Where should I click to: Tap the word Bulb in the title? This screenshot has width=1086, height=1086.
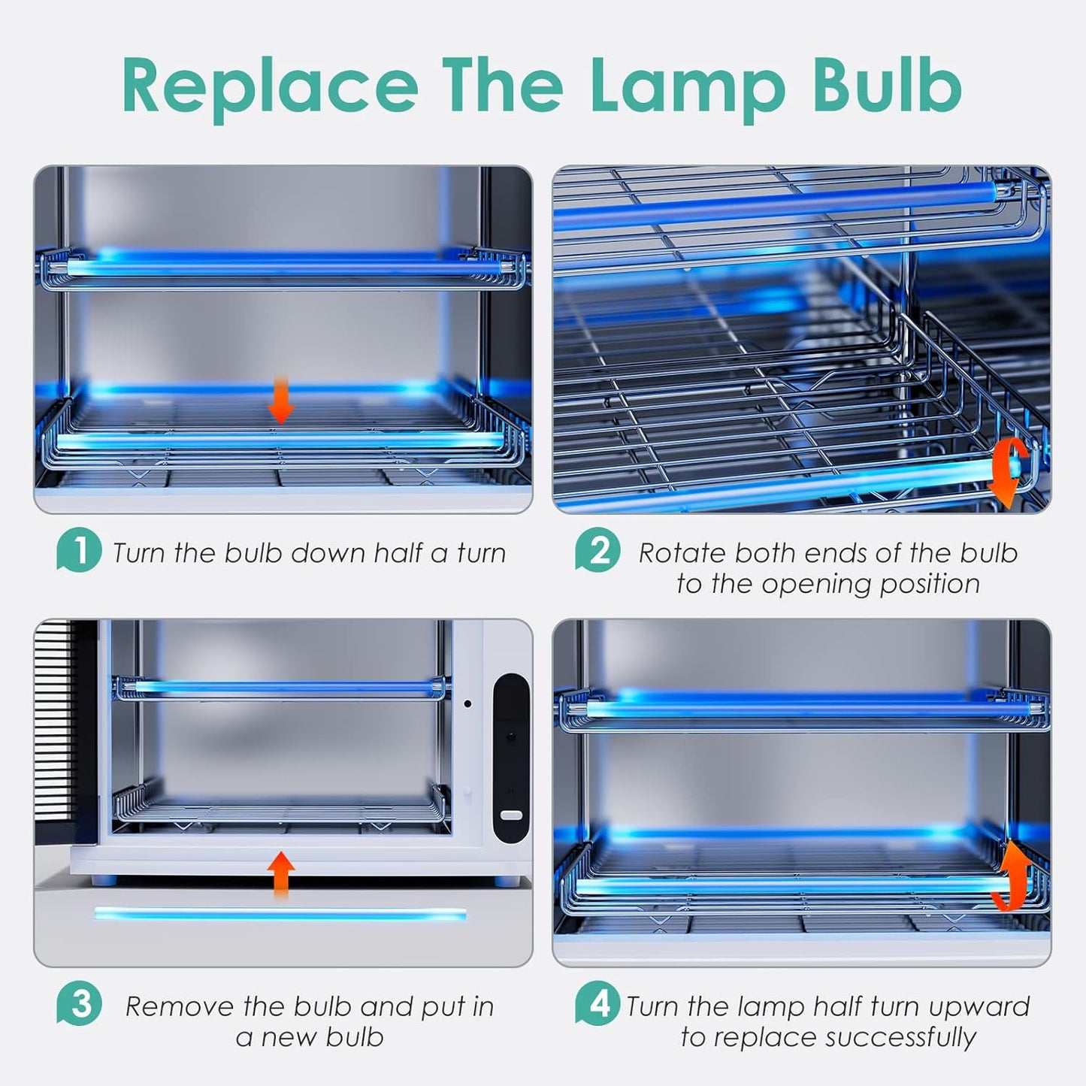887,83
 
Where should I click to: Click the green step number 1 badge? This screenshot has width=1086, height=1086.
79,549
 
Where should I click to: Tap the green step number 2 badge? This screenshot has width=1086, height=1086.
598,549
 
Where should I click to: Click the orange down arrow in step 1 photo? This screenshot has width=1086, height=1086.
280,400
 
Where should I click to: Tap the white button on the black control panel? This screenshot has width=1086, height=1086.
511,815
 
